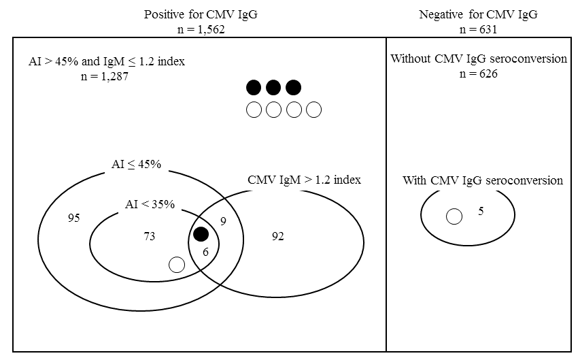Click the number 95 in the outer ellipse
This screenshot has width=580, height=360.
[73, 218]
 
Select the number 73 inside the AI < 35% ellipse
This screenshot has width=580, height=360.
[149, 236]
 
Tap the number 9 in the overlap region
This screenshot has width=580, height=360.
[223, 221]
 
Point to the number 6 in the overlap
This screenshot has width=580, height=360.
[205, 252]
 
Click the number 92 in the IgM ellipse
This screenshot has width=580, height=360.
[278, 236]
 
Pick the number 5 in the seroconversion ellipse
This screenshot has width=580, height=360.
[481, 211]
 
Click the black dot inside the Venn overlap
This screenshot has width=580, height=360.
[201, 234]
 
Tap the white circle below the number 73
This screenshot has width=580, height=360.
[177, 265]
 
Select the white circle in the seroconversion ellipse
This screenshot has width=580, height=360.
[454, 216]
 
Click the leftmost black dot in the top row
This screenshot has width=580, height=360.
[254, 87]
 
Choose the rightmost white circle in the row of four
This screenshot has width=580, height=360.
[313, 110]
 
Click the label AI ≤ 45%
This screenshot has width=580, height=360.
[136, 164]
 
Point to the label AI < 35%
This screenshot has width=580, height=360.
[150, 204]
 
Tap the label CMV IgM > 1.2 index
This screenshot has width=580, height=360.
[304, 180]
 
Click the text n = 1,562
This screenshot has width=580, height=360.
[201, 29]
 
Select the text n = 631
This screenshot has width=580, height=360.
[478, 29]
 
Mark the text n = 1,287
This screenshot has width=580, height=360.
[105, 76]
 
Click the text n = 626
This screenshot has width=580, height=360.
[478, 73]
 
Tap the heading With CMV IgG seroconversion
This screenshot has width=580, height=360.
[483, 180]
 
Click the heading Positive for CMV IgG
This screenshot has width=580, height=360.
[201, 14]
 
